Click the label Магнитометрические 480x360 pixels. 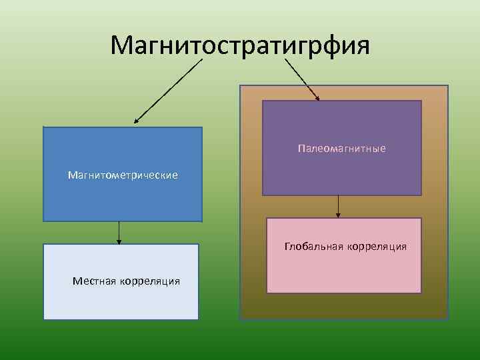tap(123, 175)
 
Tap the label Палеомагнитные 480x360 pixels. tap(341, 148)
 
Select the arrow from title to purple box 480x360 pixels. tap(302, 79)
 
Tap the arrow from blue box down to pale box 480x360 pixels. tap(119, 232)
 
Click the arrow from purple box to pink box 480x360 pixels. tap(338, 206)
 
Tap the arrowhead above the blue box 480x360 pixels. tap(136, 121)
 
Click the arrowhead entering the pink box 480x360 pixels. tap(338, 215)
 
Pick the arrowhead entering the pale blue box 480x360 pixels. tap(119, 241)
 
